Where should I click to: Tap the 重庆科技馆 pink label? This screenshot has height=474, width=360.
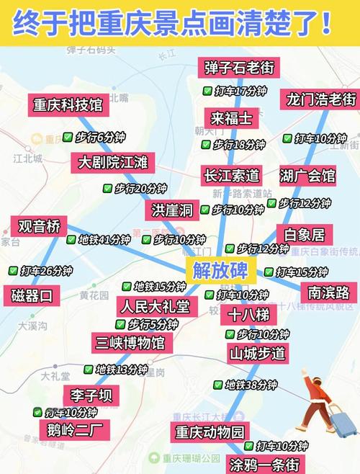67,105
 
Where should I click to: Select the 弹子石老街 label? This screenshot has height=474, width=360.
238,68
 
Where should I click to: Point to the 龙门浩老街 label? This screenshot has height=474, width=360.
320,99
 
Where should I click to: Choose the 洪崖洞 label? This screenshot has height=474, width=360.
172,210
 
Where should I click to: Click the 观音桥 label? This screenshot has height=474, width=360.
39,226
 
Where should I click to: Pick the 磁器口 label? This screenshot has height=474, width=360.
32,295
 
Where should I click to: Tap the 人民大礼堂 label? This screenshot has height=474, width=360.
156,306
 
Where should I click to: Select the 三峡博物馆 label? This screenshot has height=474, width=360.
133,342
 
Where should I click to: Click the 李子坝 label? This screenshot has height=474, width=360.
91,395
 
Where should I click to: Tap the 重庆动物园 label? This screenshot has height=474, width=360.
209,432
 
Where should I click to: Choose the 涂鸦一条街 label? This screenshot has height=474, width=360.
264,463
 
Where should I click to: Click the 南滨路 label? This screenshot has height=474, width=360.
328,292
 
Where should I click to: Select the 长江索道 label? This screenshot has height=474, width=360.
231,175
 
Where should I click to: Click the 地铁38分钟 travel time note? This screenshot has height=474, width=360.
251,385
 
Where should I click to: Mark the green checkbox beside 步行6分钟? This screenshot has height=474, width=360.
67,137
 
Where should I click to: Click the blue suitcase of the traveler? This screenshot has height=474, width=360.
342,421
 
